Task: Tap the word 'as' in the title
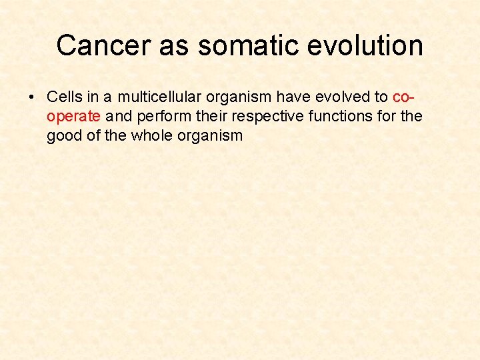175,45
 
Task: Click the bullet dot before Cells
32,97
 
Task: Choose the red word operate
73,117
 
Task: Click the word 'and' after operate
119,117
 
